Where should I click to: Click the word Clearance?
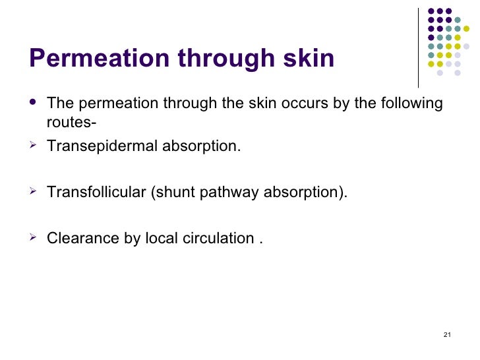83,238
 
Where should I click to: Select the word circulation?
210,238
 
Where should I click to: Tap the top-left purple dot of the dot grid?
432,11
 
